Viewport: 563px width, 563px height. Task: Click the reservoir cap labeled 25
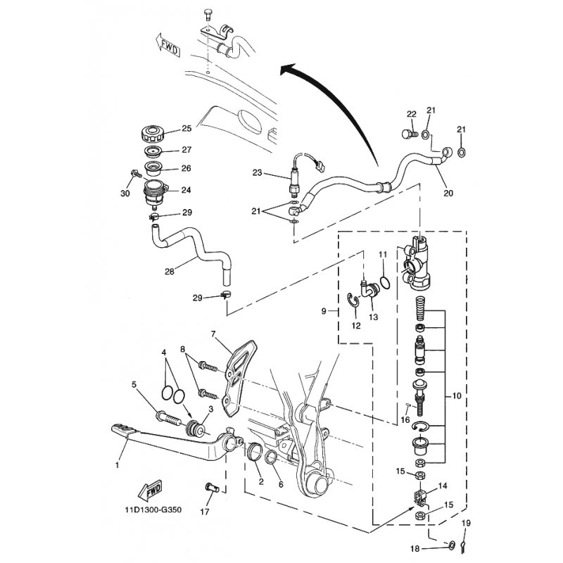(152, 134)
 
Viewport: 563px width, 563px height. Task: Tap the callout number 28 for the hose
(169, 272)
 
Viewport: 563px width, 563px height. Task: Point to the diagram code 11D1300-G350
(153, 510)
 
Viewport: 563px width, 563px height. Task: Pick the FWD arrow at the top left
(168, 46)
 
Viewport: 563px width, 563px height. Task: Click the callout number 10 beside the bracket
(456, 396)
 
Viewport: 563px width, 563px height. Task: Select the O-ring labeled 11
(384, 282)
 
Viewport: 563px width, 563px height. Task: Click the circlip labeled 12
(354, 301)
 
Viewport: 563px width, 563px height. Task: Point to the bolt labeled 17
(213, 488)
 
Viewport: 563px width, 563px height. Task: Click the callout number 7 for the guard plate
(213, 334)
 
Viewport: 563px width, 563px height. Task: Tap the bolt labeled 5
(168, 418)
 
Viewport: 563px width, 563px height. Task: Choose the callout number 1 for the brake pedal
(117, 465)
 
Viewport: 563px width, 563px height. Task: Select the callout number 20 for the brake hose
(448, 193)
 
